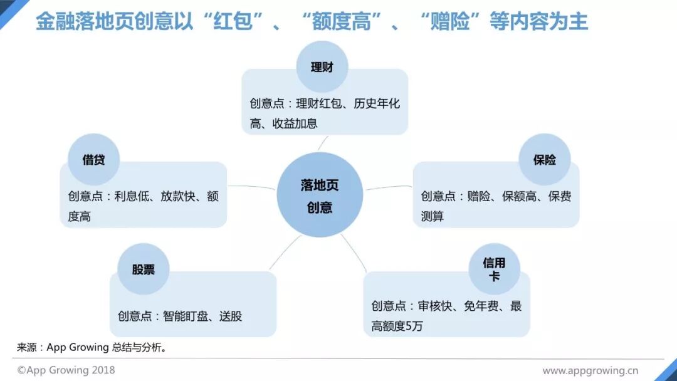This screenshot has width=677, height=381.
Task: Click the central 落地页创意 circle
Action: (x=320, y=196)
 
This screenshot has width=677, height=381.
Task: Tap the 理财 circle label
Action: (x=322, y=68)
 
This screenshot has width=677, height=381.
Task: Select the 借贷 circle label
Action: (x=93, y=160)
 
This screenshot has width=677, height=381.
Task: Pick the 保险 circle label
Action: (x=544, y=160)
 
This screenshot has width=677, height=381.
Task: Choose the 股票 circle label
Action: (x=144, y=269)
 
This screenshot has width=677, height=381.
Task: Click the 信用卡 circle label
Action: (x=494, y=269)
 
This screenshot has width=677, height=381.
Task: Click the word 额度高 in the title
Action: (x=343, y=22)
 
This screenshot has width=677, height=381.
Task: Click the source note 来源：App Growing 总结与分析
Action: (x=92, y=347)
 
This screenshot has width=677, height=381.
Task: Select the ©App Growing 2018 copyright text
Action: (x=66, y=370)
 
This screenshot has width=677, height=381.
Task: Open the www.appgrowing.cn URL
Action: (x=590, y=370)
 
